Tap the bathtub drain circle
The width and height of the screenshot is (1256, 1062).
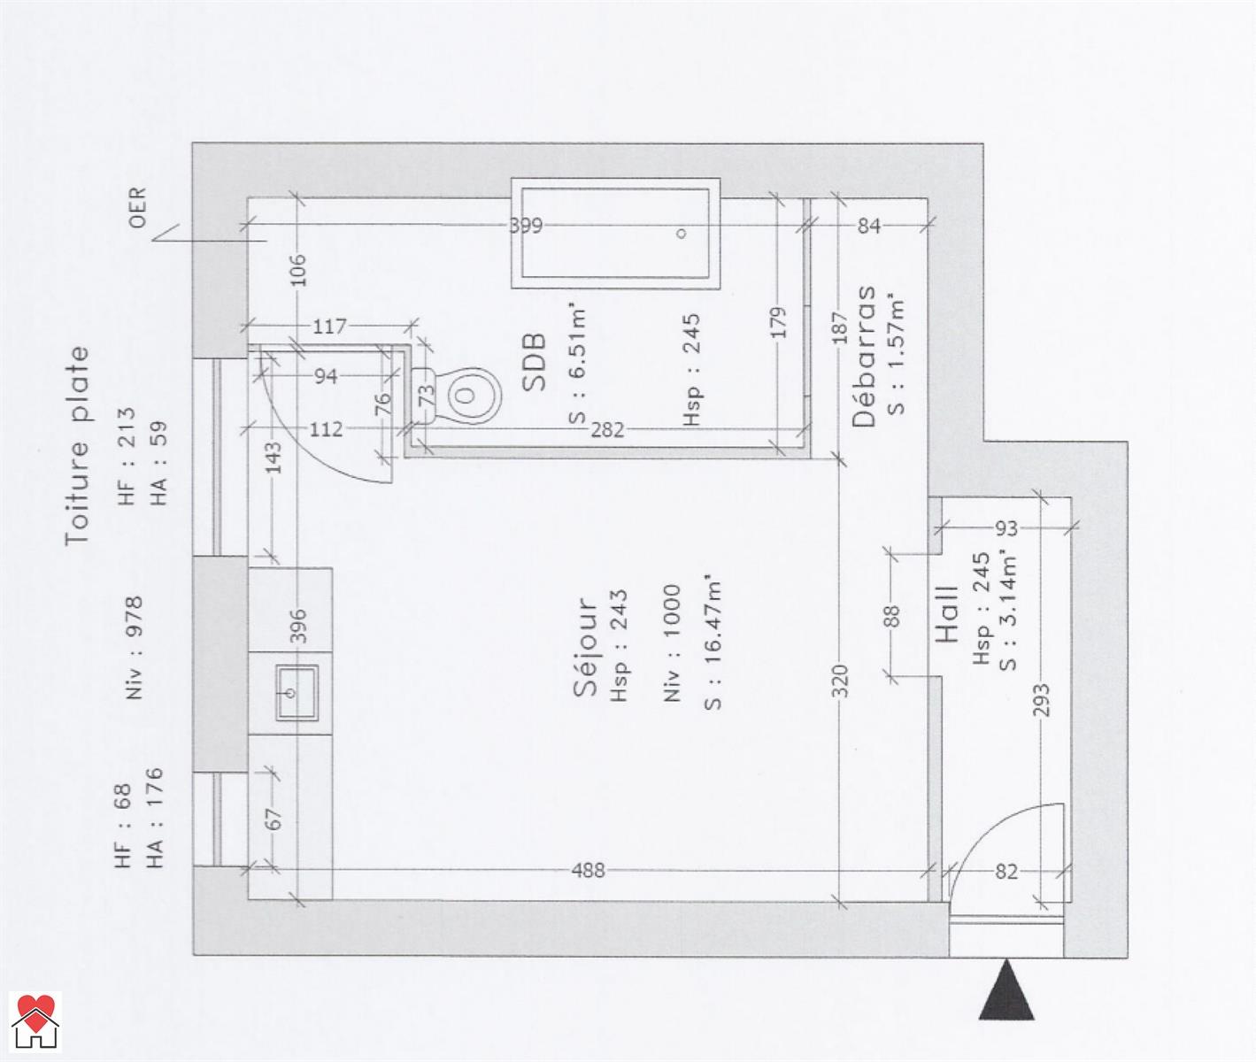(x=682, y=234)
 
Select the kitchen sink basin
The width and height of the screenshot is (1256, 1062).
(x=297, y=693)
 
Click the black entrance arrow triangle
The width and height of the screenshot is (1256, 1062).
(x=1006, y=989)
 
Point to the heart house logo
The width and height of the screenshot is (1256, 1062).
(x=35, y=1021)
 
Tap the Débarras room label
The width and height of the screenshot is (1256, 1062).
(x=864, y=357)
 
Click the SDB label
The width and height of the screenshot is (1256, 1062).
(x=534, y=362)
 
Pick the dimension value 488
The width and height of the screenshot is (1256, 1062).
(x=589, y=871)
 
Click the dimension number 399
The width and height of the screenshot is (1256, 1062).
(x=526, y=226)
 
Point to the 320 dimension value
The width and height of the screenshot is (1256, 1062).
(x=839, y=681)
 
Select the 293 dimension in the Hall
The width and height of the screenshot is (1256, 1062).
(x=1042, y=700)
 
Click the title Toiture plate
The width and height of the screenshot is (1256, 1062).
(x=77, y=446)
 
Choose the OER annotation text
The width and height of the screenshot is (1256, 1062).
(x=138, y=207)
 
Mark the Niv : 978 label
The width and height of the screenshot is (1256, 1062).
(x=134, y=648)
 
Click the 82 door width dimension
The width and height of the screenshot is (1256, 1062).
(x=1006, y=872)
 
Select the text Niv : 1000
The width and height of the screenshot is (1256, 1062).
(x=672, y=643)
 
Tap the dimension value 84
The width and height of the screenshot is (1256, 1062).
(x=869, y=226)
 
